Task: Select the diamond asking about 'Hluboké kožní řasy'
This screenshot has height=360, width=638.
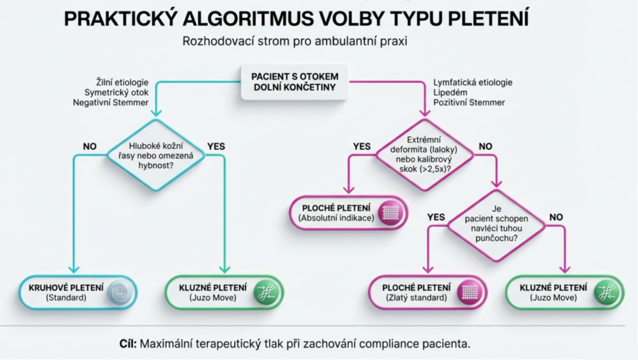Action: pos(155,155)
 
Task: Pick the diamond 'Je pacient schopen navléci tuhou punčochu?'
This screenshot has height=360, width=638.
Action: pos(496,226)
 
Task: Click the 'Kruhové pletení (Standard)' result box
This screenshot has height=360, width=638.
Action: pos(78,292)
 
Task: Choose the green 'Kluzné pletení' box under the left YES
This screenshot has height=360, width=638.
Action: pos(224,292)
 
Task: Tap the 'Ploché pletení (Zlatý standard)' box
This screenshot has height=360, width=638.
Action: pos(428,292)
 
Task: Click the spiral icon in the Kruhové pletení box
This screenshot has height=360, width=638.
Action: pos(119,292)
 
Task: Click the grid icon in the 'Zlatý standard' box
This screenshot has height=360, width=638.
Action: pos(470,292)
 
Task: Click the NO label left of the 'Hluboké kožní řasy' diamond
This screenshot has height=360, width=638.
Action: pos(89,146)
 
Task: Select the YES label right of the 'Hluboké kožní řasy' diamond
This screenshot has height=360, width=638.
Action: pos(216,146)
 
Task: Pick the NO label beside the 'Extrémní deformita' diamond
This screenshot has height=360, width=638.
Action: pos(485,146)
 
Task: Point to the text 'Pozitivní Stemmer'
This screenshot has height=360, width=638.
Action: pos(469,103)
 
